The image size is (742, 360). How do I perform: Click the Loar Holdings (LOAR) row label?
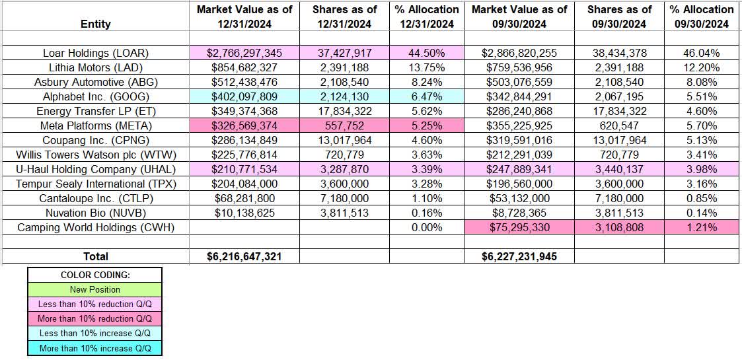click(x=95, y=53)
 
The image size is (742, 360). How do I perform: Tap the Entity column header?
click(x=95, y=24)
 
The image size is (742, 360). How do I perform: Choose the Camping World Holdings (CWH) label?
click(x=95, y=227)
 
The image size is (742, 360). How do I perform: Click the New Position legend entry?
click(x=94, y=289)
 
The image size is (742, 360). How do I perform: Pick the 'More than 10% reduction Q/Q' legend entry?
click(x=94, y=318)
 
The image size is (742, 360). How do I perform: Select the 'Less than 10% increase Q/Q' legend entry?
click(x=94, y=333)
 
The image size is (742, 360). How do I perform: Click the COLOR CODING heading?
click(x=94, y=275)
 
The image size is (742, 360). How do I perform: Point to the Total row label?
click(x=95, y=256)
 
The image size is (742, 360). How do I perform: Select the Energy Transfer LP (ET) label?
click(x=95, y=111)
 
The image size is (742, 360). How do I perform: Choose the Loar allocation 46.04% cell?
click(x=701, y=53)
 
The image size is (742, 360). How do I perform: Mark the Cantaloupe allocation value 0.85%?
click(x=701, y=198)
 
